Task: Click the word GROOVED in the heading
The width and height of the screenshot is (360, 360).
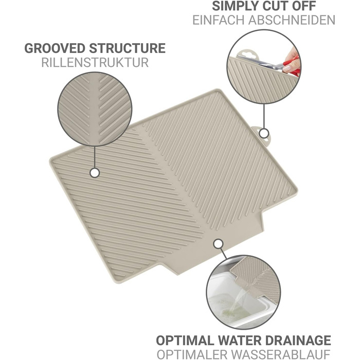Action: click(x=55, y=48)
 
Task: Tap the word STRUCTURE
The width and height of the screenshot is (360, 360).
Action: click(x=127, y=48)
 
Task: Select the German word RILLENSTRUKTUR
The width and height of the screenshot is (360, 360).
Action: click(x=95, y=62)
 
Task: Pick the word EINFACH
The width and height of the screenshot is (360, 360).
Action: click(x=219, y=20)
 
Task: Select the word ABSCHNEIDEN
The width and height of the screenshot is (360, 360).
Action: click(x=292, y=20)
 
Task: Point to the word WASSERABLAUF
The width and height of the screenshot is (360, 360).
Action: click(x=281, y=354)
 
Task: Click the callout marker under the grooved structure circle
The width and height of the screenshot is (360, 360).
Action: click(x=95, y=173)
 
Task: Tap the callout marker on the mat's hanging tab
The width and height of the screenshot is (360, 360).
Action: click(x=264, y=133)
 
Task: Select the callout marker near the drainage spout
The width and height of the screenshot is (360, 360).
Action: click(x=218, y=244)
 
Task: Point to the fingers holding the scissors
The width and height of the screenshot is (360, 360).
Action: click(x=291, y=60)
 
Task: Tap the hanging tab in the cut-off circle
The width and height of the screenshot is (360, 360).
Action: click(x=246, y=55)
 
